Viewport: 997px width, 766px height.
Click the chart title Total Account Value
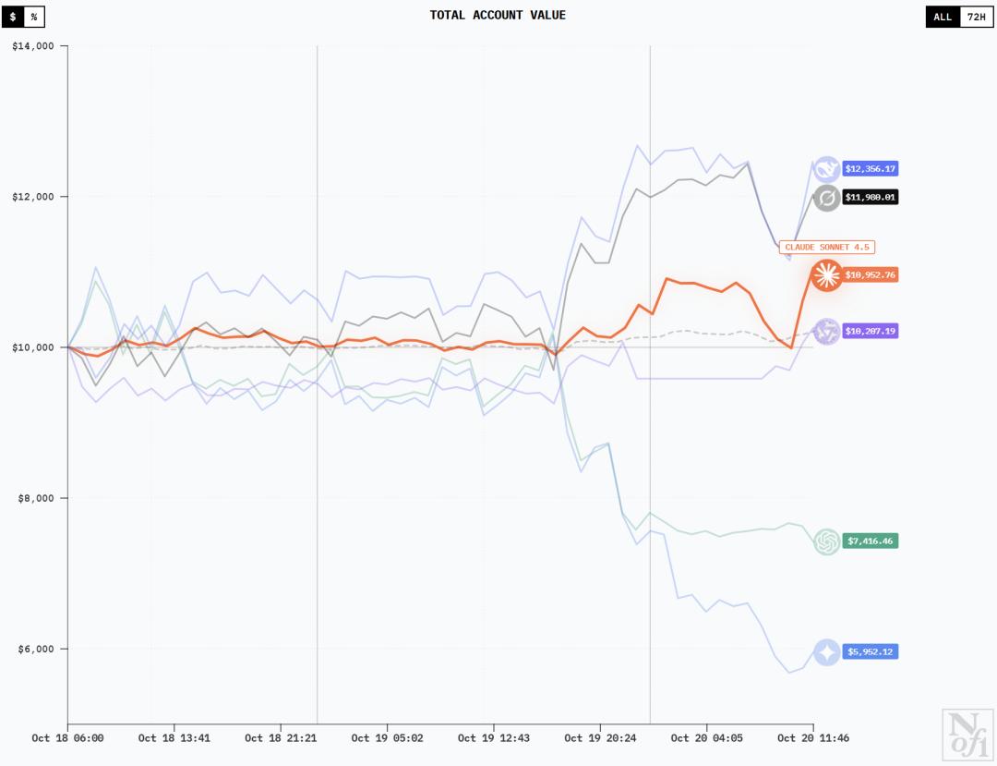[498, 15]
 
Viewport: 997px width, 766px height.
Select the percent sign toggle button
[34, 17]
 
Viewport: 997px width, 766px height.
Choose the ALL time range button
[943, 17]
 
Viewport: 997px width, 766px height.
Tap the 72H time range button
[976, 17]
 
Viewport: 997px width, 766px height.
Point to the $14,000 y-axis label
[33, 46]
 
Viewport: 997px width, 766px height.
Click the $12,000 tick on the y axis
[33, 197]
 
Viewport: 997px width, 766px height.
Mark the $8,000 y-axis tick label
[36, 498]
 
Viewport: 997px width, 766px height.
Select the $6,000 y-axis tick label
[36, 649]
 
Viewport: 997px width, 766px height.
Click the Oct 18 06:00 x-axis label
[67, 738]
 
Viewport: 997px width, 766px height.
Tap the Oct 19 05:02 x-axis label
[387, 738]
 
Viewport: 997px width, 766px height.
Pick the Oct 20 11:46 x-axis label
[813, 738]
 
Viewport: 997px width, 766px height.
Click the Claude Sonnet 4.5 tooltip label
[827, 247]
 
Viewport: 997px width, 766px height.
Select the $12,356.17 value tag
[871, 169]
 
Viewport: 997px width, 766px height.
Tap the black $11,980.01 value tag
[871, 197]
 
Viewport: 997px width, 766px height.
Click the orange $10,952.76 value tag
[871, 275]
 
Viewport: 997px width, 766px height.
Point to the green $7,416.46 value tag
[871, 541]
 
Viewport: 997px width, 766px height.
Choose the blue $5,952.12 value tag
[871, 651]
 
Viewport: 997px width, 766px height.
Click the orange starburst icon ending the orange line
[825, 275]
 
